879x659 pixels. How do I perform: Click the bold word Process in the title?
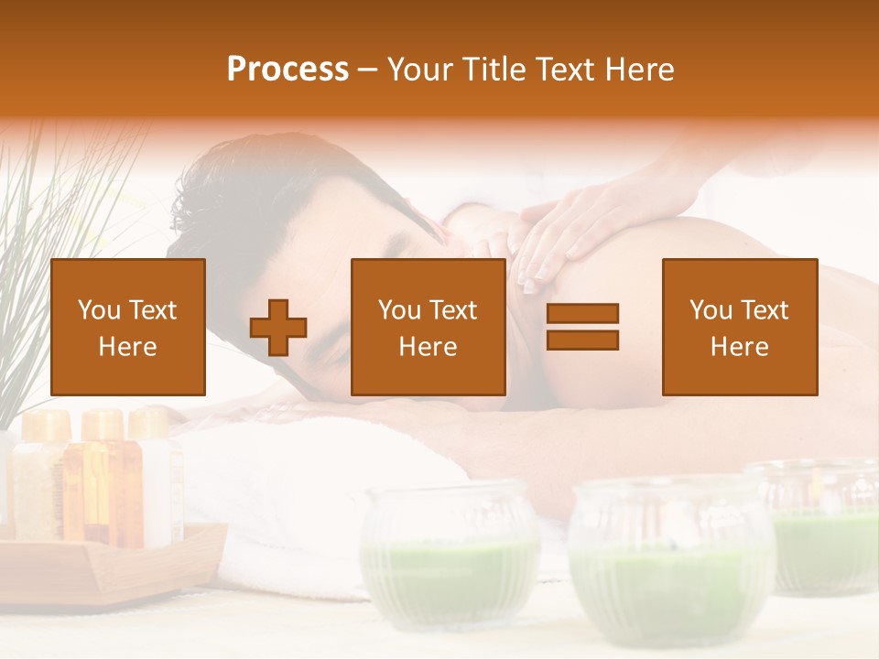[288, 70]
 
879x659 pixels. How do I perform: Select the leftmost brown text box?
[127, 327]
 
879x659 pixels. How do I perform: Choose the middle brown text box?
[428, 327]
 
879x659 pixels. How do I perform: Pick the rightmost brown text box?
[739, 327]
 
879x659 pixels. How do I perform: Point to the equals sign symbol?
[582, 327]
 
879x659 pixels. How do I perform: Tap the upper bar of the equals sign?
[582, 313]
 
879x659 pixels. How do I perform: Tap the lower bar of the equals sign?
[582, 340]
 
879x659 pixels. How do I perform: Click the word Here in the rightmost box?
[739, 347]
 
